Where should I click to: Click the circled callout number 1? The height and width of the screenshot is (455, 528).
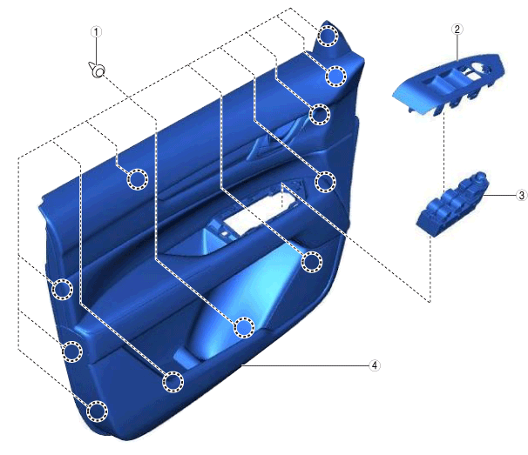pyautogui.click(x=96, y=32)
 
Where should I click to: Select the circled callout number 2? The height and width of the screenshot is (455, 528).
pyautogui.click(x=457, y=30)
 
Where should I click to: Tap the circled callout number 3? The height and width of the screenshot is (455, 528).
pyautogui.click(x=522, y=195)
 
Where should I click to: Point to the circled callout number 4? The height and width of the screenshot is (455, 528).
pyautogui.click(x=375, y=365)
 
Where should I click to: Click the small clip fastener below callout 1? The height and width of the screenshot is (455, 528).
pyautogui.click(x=98, y=70)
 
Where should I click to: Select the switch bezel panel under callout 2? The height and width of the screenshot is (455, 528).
pyautogui.click(x=449, y=84)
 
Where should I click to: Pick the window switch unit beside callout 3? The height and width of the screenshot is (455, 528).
pyautogui.click(x=452, y=204)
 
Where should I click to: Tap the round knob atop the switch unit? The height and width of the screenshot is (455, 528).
pyautogui.click(x=480, y=177)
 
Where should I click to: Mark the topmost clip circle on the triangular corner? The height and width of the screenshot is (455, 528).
pyautogui.click(x=328, y=36)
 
